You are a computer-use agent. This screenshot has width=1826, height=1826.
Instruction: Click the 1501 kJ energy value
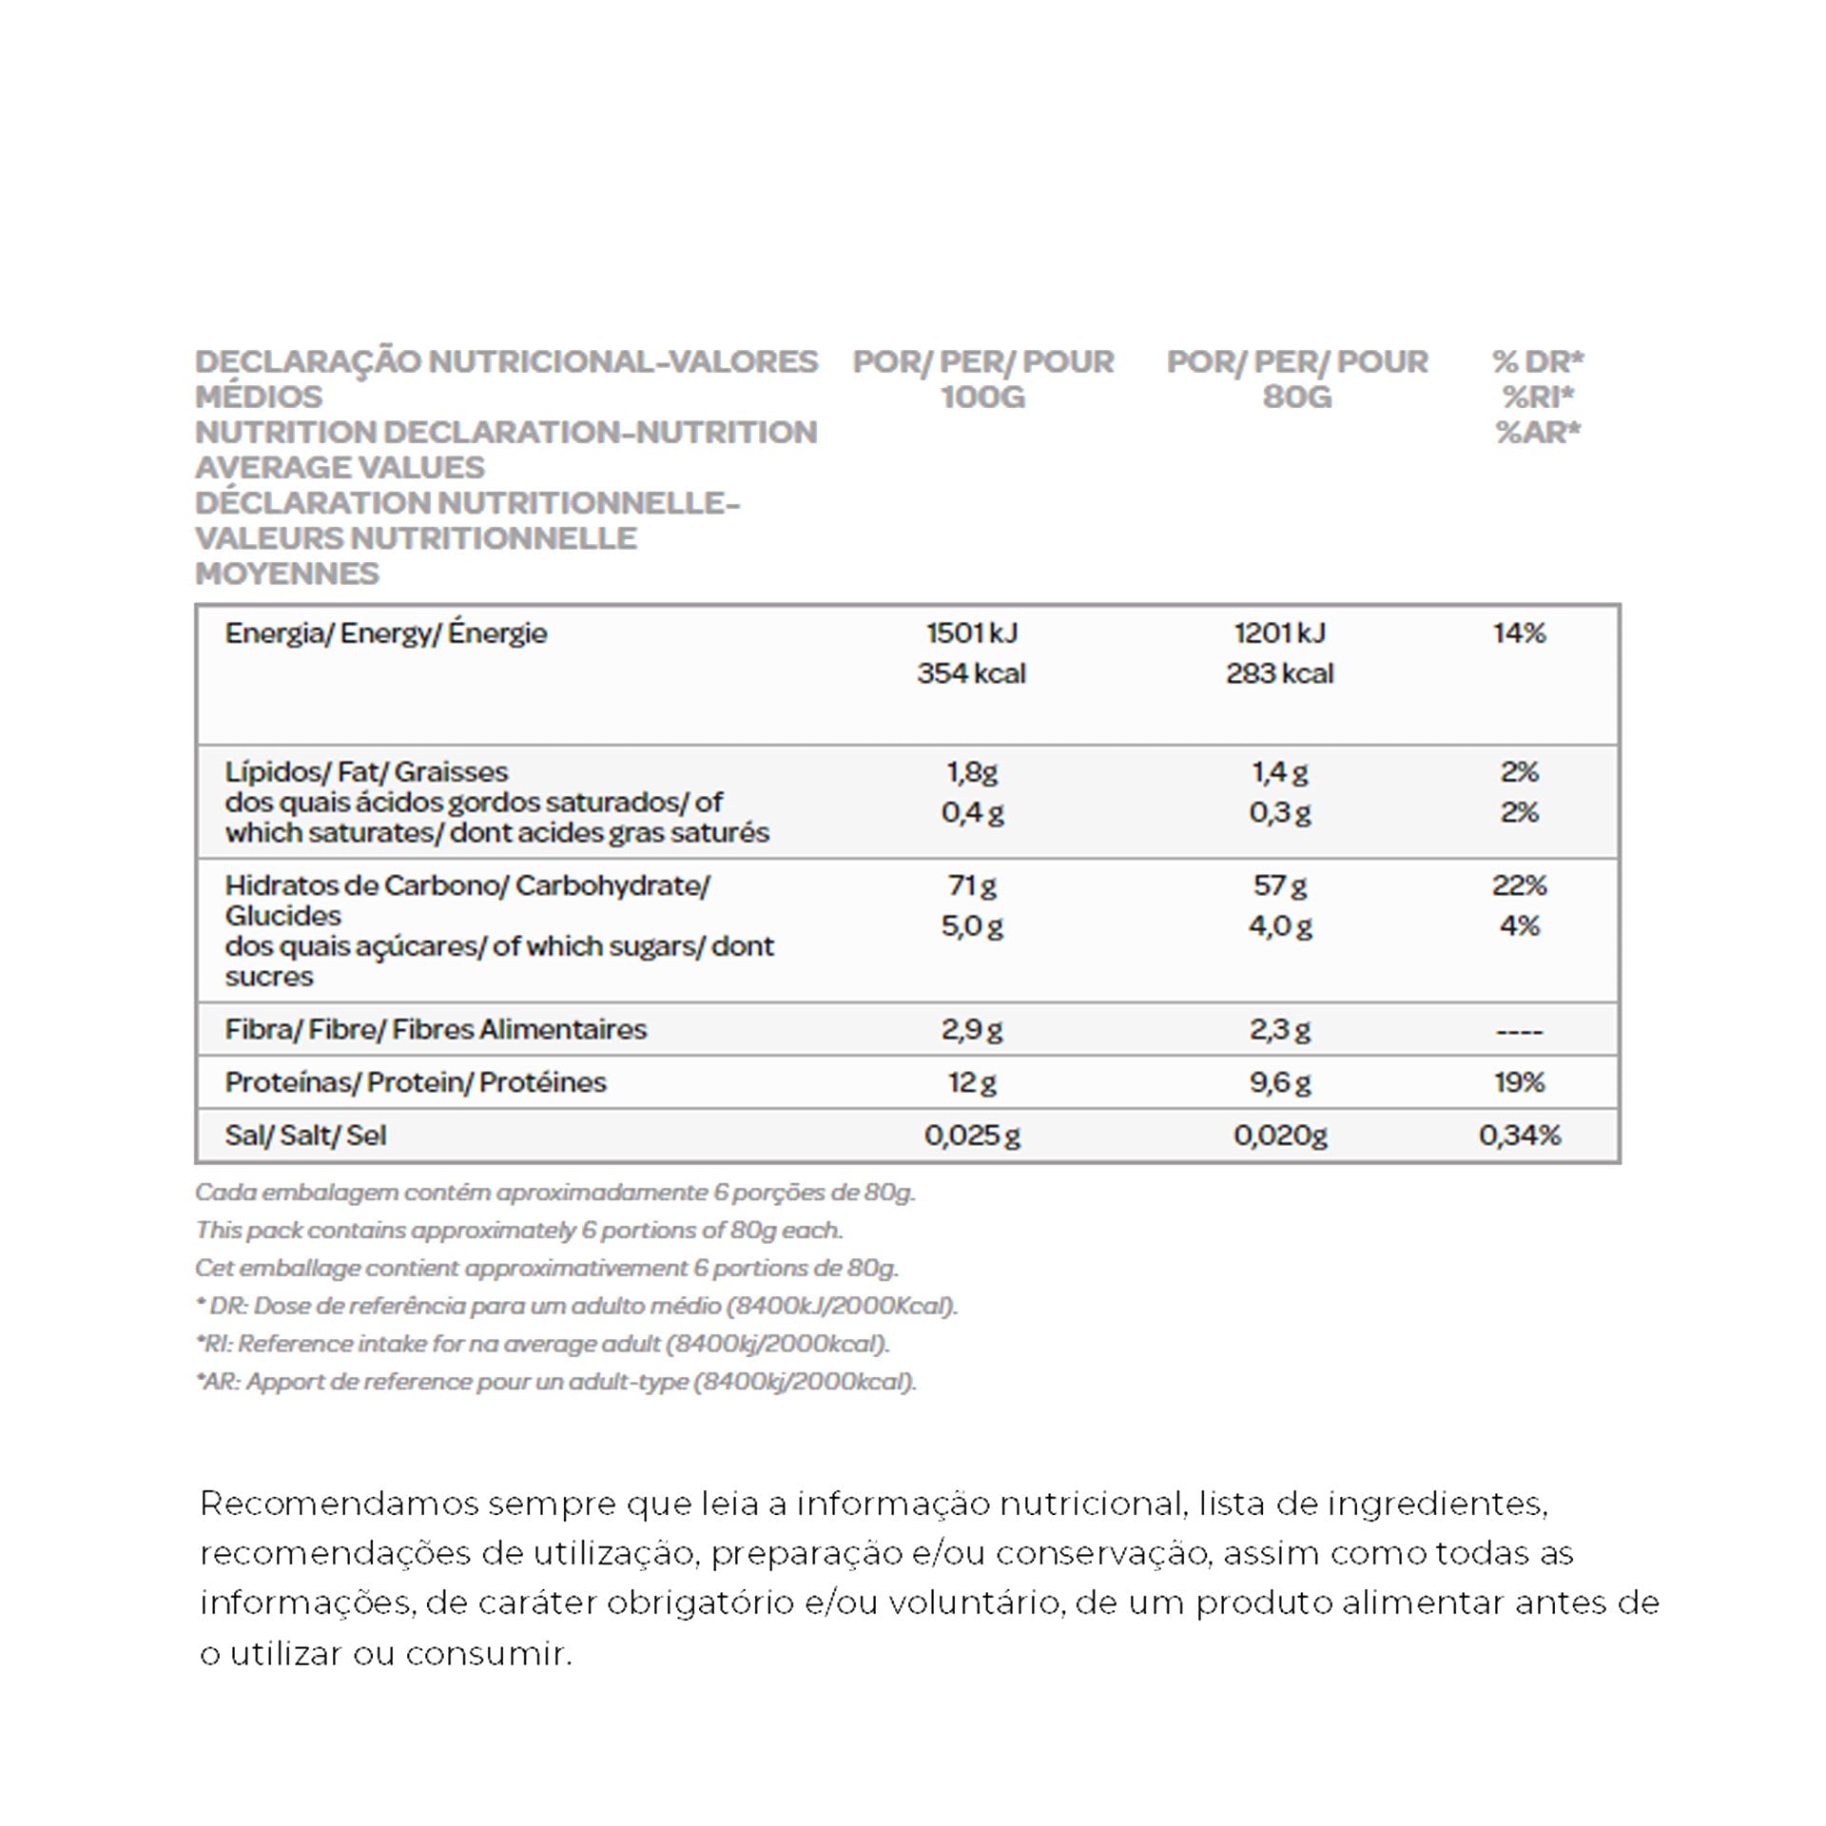tap(971, 633)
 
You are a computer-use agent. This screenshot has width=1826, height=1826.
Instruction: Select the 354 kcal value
tap(971, 673)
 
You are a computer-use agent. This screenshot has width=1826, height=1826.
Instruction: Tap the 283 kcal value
tap(1279, 673)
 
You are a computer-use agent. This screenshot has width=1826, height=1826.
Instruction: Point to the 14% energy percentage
tap(1519, 633)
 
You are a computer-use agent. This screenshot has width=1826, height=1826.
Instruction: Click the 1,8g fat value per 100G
tap(971, 772)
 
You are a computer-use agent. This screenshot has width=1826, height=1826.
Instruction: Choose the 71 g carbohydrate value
tap(971, 886)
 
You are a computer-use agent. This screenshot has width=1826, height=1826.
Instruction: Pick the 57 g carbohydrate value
tap(1279, 886)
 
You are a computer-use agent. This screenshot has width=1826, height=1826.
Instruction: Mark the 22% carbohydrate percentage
tap(1519, 886)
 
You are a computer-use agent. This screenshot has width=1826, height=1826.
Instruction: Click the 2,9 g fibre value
tap(971, 1030)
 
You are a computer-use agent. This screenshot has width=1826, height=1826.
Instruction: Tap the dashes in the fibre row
tap(1519, 1031)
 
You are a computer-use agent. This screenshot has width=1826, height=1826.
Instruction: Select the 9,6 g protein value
tap(1279, 1082)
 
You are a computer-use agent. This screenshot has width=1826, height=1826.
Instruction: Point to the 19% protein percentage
tap(1519, 1082)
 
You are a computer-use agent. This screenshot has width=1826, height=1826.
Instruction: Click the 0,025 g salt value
tap(971, 1136)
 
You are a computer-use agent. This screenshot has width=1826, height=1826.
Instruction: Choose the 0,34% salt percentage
tap(1519, 1136)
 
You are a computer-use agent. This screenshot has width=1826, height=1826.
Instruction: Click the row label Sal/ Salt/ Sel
tap(305, 1136)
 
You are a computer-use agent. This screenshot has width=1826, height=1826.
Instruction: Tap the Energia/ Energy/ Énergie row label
tap(385, 633)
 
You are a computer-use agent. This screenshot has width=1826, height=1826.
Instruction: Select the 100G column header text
tap(982, 398)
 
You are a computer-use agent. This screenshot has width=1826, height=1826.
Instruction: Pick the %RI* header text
tap(1538, 398)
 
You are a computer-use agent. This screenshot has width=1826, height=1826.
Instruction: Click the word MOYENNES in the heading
tap(286, 574)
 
